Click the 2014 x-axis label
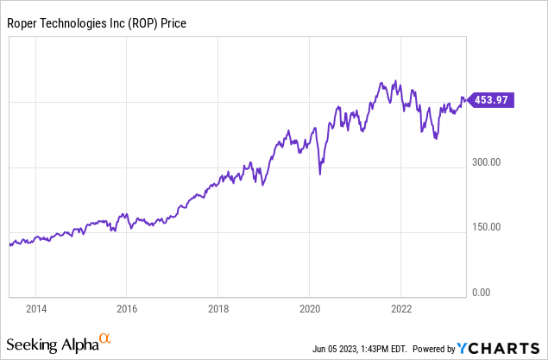click(35, 307)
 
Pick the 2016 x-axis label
click(127, 307)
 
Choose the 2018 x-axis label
click(218, 307)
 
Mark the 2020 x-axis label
click(310, 307)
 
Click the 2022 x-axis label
click(401, 307)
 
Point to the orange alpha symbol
click(105, 339)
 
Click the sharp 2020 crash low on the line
click(320, 174)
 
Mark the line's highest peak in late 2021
click(394, 81)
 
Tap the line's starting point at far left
click(9, 245)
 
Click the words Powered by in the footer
click(432, 349)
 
